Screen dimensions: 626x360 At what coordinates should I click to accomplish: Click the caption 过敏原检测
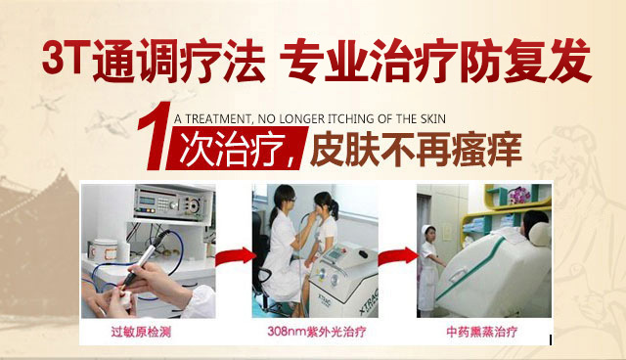click(141, 332)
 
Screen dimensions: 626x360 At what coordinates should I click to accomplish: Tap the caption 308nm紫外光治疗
click(317, 332)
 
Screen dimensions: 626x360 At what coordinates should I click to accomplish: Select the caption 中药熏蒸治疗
click(482, 332)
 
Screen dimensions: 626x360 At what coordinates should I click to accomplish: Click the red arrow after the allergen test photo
click(236, 256)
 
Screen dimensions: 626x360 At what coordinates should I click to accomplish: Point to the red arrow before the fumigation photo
click(398, 256)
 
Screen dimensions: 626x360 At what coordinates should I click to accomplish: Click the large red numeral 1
click(155, 137)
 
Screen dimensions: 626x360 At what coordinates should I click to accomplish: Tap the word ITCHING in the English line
click(352, 119)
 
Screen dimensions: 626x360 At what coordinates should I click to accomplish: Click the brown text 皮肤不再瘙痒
click(416, 150)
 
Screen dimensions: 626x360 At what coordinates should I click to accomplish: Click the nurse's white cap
click(428, 230)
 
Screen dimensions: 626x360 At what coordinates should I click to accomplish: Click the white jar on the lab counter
click(104, 250)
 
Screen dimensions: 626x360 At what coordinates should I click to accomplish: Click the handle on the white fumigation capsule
click(459, 274)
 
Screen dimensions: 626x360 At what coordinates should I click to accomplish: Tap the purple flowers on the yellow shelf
click(519, 196)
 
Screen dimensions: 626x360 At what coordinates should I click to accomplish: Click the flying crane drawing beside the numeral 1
click(109, 121)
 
